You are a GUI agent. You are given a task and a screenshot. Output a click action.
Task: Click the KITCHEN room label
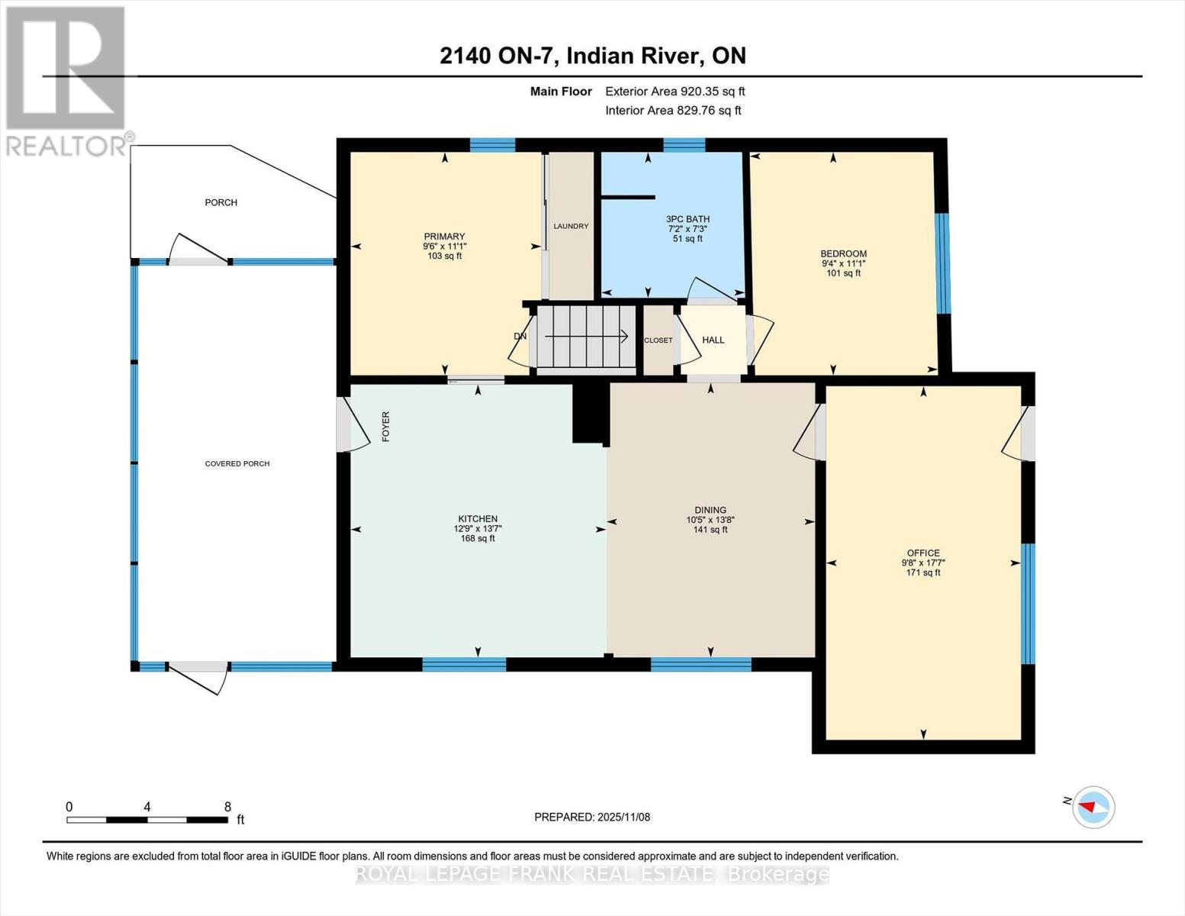[x=478, y=519]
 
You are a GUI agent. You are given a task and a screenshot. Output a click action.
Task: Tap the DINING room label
[x=710, y=510]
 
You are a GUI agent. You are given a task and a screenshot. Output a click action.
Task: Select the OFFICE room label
[x=923, y=553]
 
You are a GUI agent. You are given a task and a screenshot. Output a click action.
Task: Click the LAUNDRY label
[x=571, y=226]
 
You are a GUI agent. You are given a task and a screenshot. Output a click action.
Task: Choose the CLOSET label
[x=658, y=340]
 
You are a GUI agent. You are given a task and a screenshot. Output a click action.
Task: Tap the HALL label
[x=713, y=340]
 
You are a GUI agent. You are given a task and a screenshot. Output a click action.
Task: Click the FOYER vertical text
[x=385, y=427]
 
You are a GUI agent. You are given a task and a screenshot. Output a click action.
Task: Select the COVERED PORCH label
[x=237, y=463]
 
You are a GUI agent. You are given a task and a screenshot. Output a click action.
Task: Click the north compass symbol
[x=1093, y=806]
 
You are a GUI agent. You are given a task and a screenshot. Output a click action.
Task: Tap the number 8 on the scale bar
[x=227, y=806]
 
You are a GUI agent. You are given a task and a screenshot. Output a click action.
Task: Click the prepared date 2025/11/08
[x=623, y=817]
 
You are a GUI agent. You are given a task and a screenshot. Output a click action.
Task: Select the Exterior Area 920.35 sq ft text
[x=675, y=92]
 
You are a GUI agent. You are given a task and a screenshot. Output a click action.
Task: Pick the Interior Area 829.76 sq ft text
[x=673, y=111]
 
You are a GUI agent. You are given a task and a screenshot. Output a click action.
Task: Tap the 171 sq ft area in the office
[x=923, y=572]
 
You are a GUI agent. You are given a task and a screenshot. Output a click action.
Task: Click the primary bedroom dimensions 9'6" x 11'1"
[x=444, y=247]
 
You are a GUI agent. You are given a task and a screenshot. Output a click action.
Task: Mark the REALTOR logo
[x=66, y=80]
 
